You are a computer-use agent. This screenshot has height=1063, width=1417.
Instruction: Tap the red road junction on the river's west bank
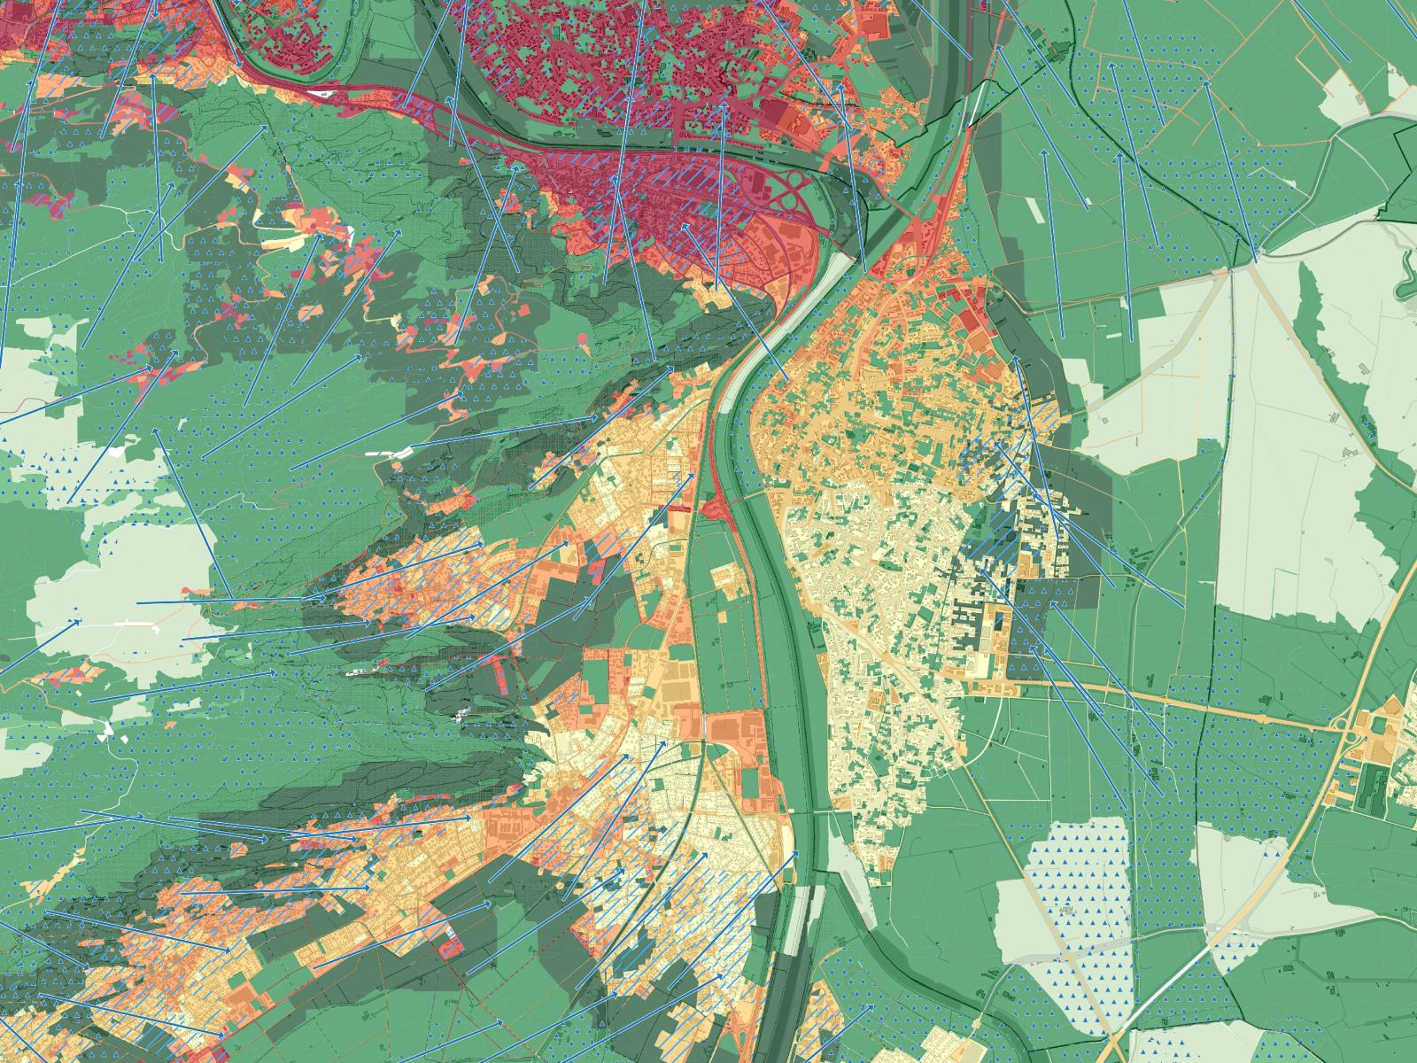(714, 508)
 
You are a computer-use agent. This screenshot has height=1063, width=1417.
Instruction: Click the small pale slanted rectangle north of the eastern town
(1035, 210)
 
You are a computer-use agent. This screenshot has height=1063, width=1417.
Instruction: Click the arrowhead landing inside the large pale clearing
(80, 620)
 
